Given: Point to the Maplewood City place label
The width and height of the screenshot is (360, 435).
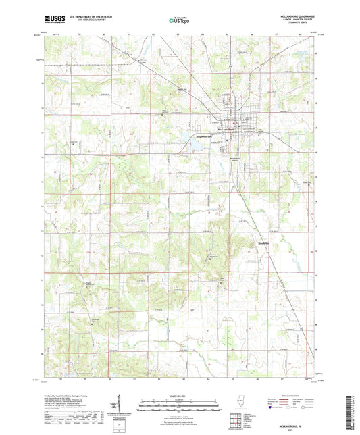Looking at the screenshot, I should [205, 136].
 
